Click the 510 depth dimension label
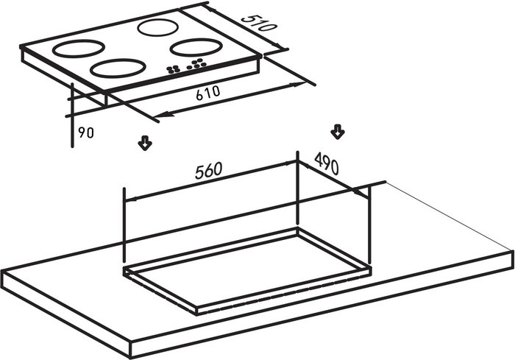click(x=257, y=23)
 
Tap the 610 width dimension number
click(x=207, y=93)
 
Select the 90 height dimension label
click(x=86, y=133)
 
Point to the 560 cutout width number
click(x=208, y=171)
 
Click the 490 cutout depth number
click(x=326, y=163)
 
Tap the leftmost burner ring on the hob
click(x=79, y=49)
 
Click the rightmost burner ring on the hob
click(x=196, y=47)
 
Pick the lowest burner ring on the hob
click(x=118, y=68)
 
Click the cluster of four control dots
click(x=173, y=68)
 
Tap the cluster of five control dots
click(x=196, y=64)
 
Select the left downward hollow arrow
click(x=145, y=143)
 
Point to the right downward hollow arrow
click(x=337, y=132)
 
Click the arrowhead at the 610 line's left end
click(x=162, y=115)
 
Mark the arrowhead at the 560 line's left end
click(x=131, y=200)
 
